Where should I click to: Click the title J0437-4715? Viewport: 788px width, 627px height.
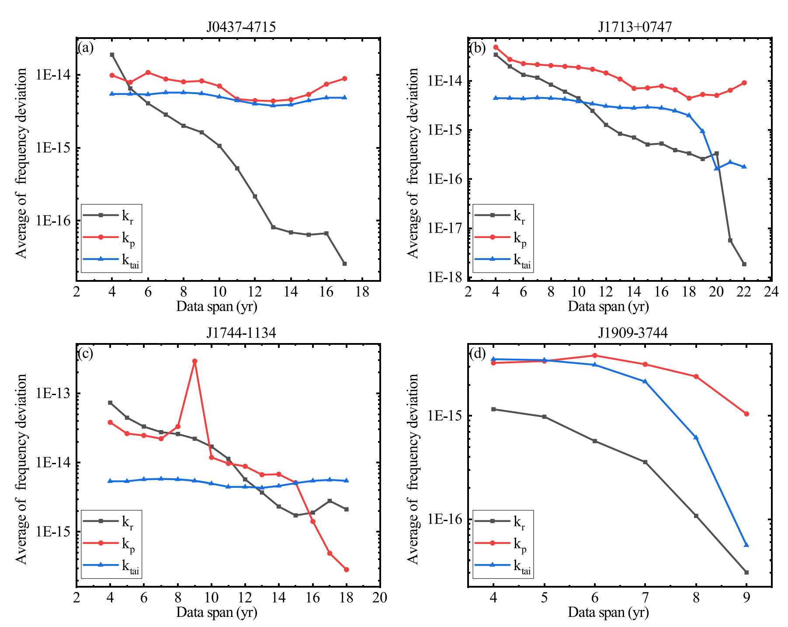pos(241,28)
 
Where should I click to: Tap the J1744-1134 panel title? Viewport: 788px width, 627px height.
pos(241,333)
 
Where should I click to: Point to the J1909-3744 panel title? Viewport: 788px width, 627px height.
pos(632,333)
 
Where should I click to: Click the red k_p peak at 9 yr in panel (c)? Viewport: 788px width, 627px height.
pos(194,361)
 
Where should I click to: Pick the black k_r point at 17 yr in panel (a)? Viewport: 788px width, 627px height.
pos(344,264)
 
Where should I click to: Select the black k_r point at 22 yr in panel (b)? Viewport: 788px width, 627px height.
pos(744,264)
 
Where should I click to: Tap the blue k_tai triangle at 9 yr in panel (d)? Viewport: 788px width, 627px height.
pos(746,545)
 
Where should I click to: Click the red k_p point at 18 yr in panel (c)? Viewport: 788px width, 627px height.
pos(346,570)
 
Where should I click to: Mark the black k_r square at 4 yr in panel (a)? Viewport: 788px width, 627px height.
pos(112,55)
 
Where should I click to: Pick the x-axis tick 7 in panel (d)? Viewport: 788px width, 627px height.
pos(645,598)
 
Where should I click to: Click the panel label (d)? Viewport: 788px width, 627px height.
pos(477,353)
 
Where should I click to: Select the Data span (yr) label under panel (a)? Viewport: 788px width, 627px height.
pos(216,306)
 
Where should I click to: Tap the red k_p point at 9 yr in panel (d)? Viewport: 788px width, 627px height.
pos(746,414)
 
